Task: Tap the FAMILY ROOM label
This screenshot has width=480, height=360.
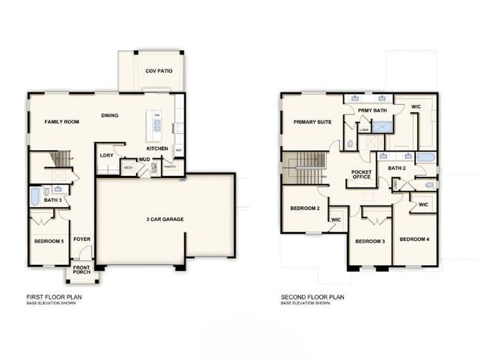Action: tap(61, 121)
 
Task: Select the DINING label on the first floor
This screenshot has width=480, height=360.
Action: tap(110, 115)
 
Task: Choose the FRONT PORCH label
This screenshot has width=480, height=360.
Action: tap(81, 271)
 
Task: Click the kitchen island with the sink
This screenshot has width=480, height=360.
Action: tap(156, 127)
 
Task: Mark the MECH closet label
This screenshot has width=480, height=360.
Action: tap(128, 168)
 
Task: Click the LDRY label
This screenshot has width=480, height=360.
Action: tap(106, 155)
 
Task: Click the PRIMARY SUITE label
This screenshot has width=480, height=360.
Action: tap(312, 122)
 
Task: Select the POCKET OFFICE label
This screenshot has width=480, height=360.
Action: tap(361, 174)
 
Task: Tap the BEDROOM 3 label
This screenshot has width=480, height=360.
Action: tap(370, 242)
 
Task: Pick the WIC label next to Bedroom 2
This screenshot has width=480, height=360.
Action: tap(336, 220)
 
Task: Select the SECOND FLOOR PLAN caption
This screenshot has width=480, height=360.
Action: tap(312, 297)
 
